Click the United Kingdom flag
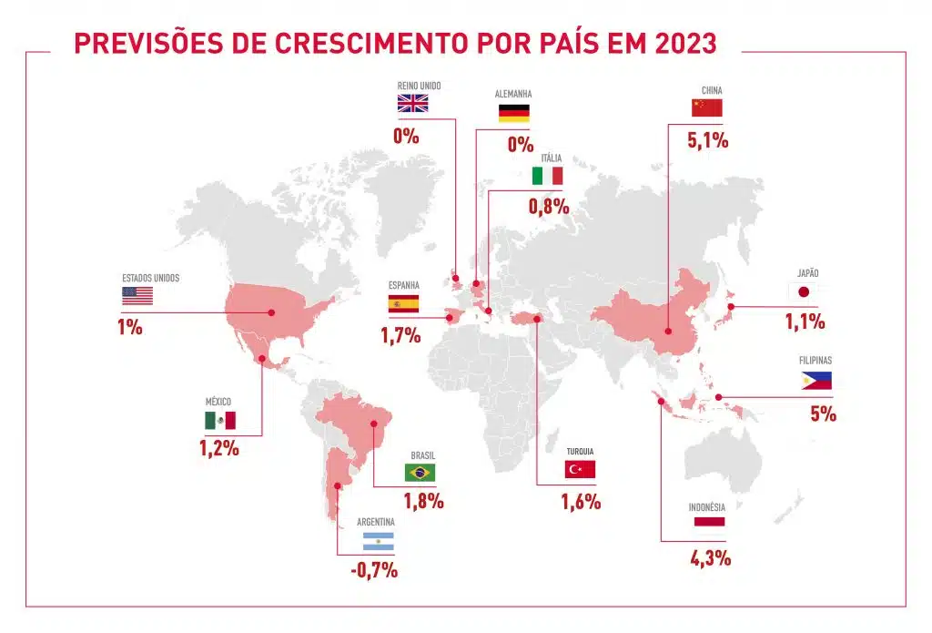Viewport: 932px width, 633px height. (x=412, y=103)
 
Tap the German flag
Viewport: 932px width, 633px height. (x=514, y=114)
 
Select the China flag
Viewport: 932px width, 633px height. (x=706, y=108)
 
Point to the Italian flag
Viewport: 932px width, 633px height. (x=548, y=175)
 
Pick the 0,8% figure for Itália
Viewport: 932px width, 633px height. (x=549, y=206)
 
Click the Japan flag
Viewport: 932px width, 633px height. (x=803, y=291)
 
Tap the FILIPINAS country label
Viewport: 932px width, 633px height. (x=815, y=360)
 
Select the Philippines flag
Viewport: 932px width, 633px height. (x=816, y=381)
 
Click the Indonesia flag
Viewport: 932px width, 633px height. (x=709, y=521)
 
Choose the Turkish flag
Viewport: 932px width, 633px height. (x=580, y=469)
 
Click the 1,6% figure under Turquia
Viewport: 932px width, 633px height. (x=581, y=501)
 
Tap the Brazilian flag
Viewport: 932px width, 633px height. (x=420, y=472)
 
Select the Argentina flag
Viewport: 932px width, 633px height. (x=379, y=541)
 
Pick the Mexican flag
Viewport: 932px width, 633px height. (x=219, y=420)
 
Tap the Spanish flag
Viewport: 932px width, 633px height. (x=403, y=304)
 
